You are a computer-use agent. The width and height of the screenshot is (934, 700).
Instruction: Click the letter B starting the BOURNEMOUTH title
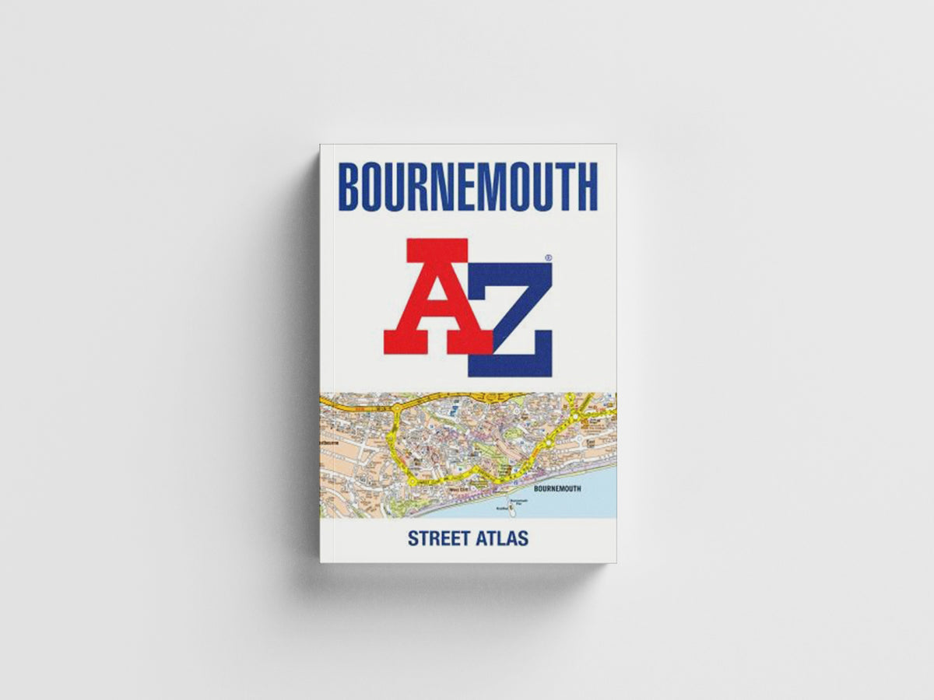pos(351,187)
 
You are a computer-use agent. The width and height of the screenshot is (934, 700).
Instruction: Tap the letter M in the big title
pos(497,187)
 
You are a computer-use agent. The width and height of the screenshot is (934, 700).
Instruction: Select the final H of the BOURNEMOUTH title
pos(585,187)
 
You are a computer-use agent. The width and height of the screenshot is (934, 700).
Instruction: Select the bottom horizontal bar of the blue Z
pos(510,366)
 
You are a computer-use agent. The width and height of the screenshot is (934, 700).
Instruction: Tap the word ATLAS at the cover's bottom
pos(503,537)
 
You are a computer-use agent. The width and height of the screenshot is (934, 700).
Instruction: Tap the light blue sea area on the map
pos(576,506)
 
